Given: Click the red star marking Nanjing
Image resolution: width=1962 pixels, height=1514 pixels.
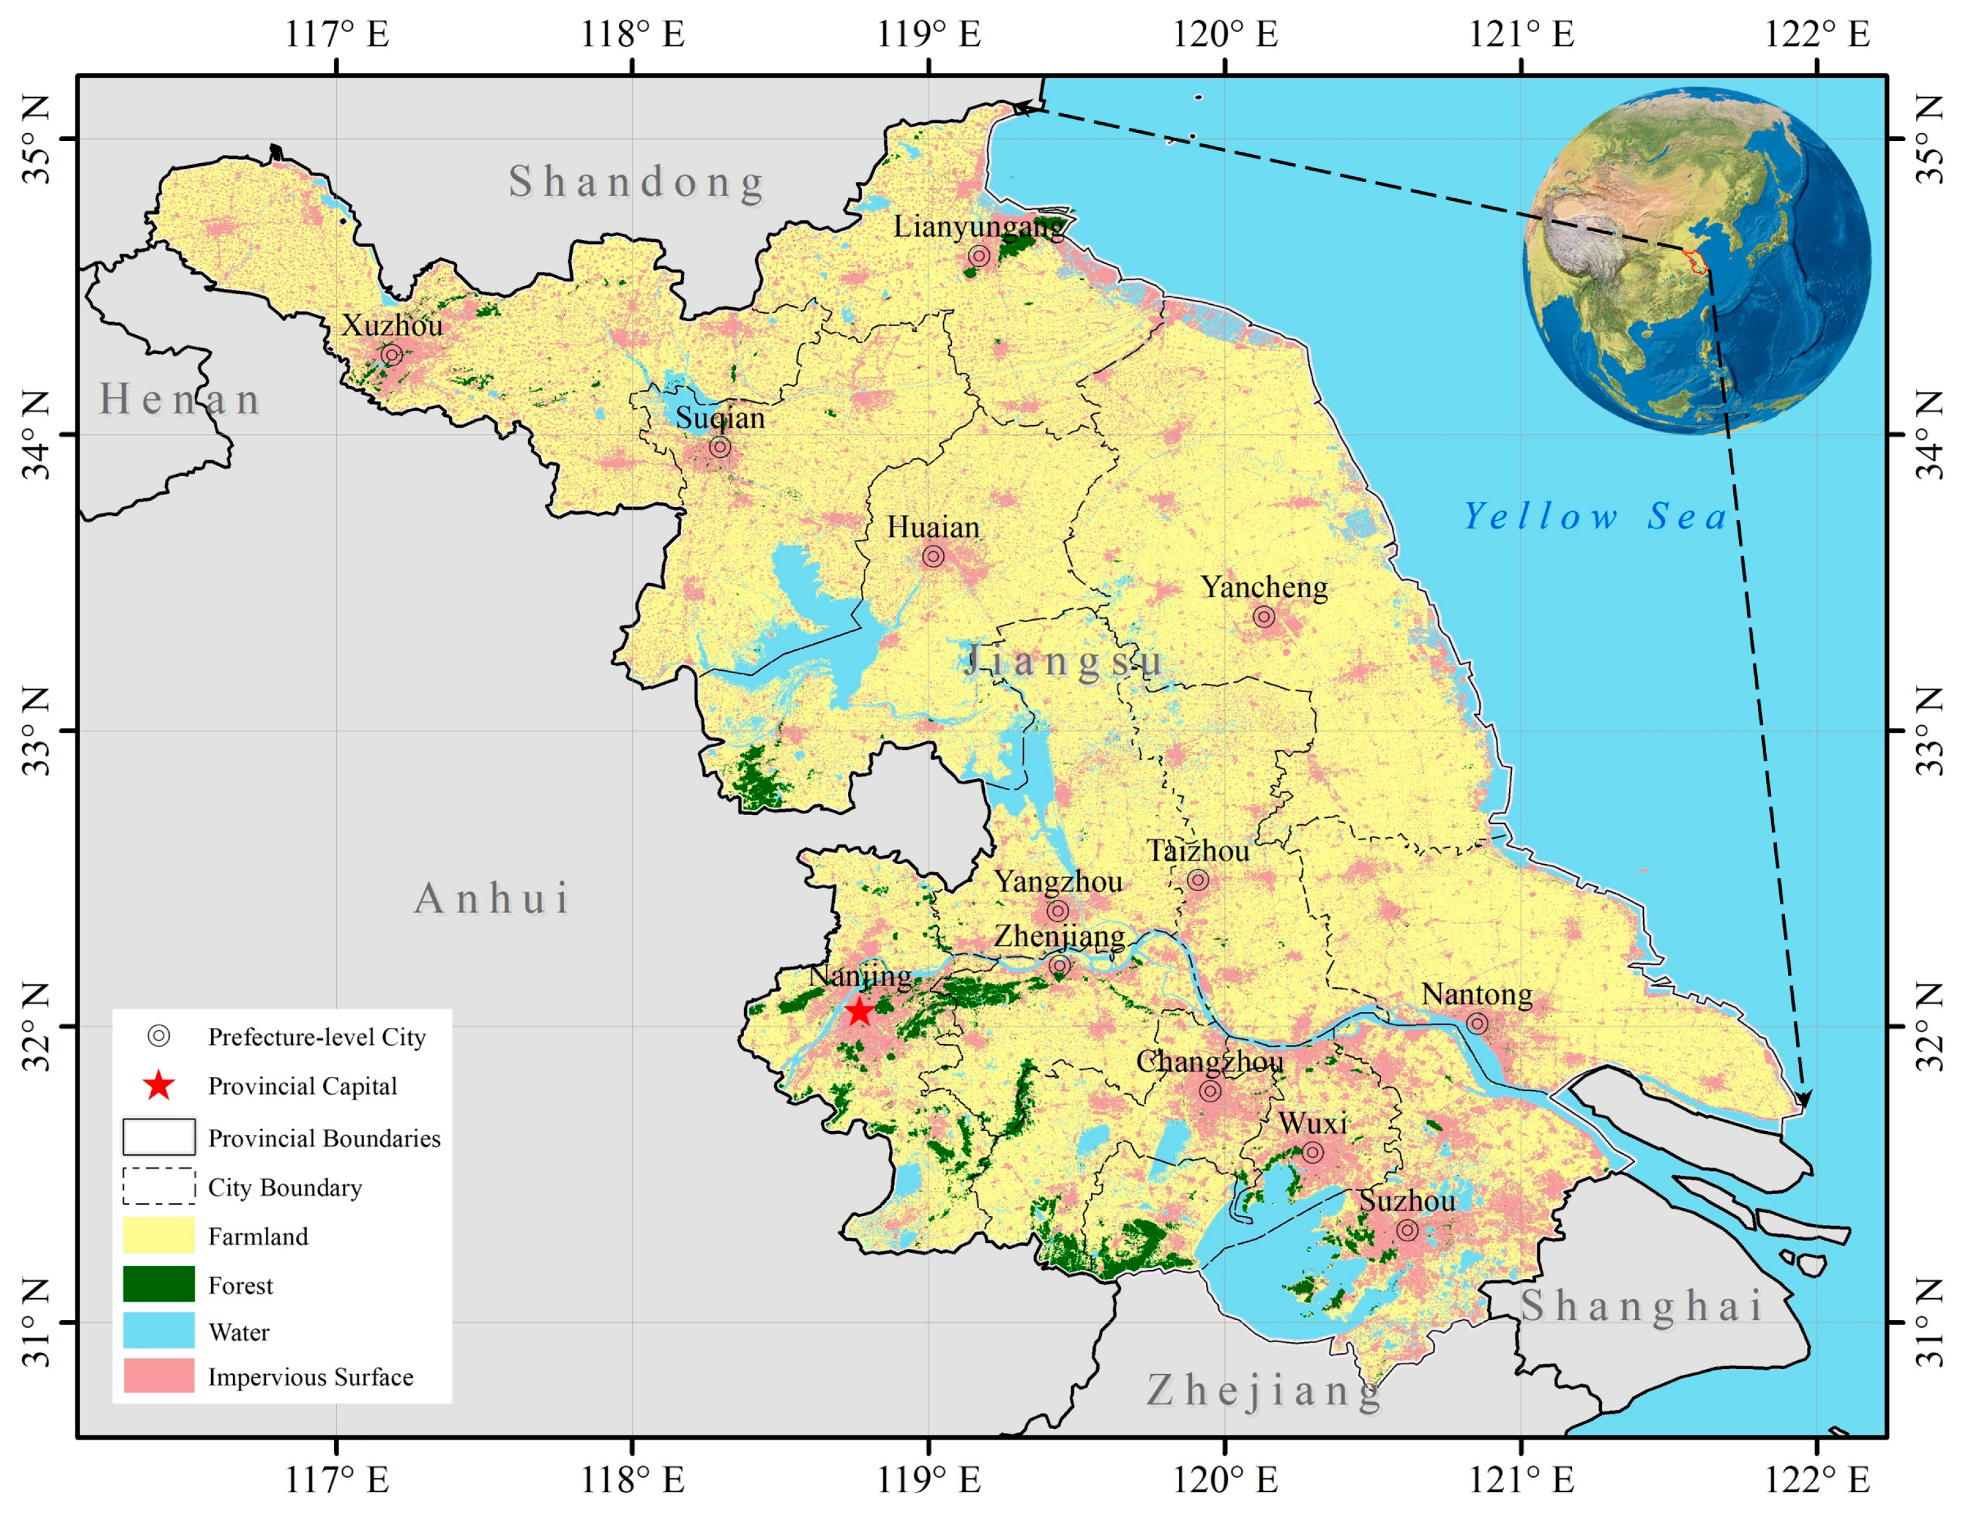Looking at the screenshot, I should pyautogui.click(x=860, y=1012).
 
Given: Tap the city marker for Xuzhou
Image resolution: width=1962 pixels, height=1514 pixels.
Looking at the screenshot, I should pyautogui.click(x=391, y=355).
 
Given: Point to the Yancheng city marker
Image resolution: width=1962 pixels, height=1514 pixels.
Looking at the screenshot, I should pyautogui.click(x=1264, y=617).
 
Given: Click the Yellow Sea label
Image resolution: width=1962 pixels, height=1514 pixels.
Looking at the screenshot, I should pyautogui.click(x=1595, y=516).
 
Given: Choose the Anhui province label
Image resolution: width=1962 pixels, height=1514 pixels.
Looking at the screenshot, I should pyautogui.click(x=492, y=898).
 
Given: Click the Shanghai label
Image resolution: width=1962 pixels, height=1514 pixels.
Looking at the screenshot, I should pyautogui.click(x=1641, y=1306).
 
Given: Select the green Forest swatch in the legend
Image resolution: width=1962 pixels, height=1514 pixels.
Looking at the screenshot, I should pyautogui.click(x=159, y=1284).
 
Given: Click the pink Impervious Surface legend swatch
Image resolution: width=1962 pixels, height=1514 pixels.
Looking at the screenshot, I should pyautogui.click(x=159, y=1375).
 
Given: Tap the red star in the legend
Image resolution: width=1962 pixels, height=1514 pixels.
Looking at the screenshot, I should pyautogui.click(x=159, y=1086).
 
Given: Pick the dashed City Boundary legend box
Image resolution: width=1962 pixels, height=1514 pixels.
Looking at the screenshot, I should pyautogui.click(x=159, y=1187).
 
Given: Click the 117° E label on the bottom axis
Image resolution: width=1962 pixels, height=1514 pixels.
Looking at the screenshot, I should pyautogui.click(x=337, y=1479).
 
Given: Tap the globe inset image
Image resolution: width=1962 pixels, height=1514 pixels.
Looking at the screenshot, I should pyautogui.click(x=1696, y=260).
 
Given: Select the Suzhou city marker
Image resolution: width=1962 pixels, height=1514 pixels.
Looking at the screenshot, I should pyautogui.click(x=1408, y=1230).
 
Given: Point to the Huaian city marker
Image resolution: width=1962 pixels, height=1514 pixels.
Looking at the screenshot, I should pyautogui.click(x=933, y=556).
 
